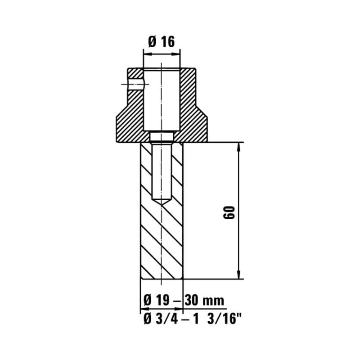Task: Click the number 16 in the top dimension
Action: (167, 42)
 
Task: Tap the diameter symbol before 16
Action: (152, 42)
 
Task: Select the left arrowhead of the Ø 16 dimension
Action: (146, 54)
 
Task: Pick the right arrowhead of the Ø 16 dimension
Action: (179, 54)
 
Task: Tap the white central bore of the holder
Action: (162, 99)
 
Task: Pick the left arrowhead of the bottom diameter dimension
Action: (144, 310)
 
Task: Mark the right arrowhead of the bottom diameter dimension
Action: (180, 310)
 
